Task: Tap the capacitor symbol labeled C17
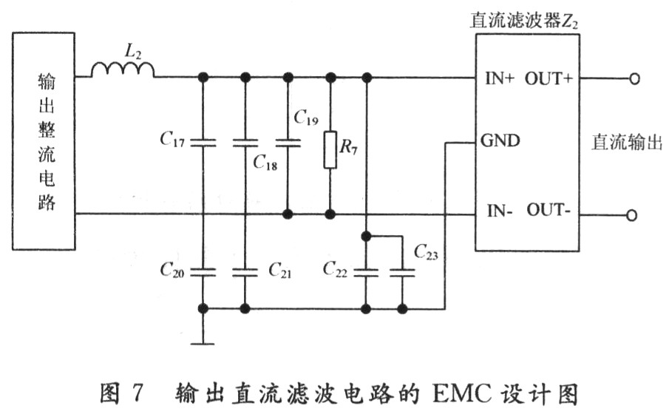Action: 202,142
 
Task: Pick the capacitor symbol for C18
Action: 245,142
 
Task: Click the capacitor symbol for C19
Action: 288,142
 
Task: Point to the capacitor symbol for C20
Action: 202,271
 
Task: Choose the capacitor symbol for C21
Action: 245,271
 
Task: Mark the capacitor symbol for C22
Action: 365,271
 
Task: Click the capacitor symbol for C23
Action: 402,271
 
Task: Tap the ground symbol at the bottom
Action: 202,343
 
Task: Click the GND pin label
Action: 500,139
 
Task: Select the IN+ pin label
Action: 498,78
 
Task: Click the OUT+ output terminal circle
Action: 634,78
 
